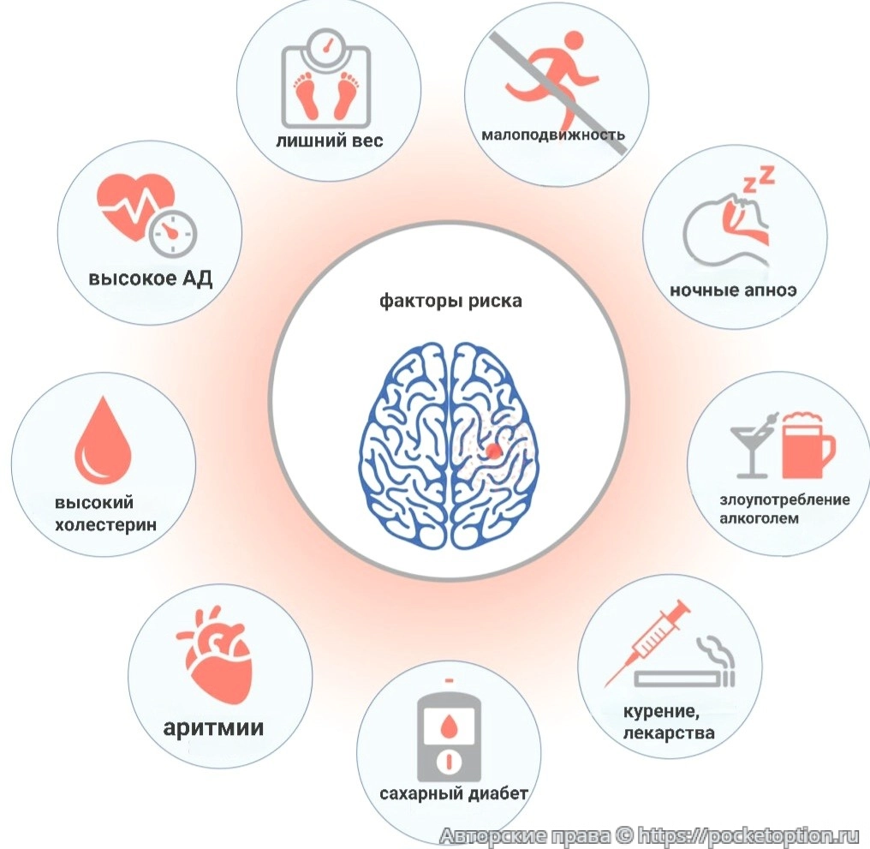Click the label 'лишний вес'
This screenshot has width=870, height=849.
coord(329,140)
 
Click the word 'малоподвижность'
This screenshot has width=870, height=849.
coord(552,135)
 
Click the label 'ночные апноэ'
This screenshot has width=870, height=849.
coord(733,290)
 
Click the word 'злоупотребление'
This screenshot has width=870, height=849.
coord(784,499)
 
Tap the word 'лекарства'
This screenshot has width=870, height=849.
coord(670,733)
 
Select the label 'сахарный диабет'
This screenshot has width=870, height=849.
coord(454,793)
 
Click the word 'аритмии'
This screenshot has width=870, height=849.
coord(213,728)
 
